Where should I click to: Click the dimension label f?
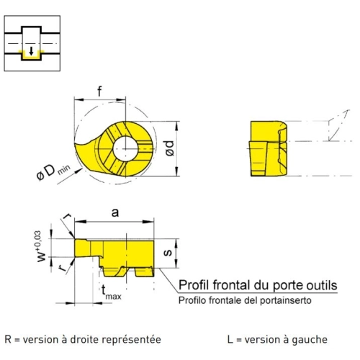pyautogui.click(x=99, y=91)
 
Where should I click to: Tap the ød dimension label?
pyautogui.click(x=169, y=148)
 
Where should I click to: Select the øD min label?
pyautogui.click(x=54, y=172)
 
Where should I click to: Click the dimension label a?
pyautogui.click(x=115, y=212)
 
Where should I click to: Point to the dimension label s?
pyautogui.click(x=168, y=252)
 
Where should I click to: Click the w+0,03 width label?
pyautogui.click(x=41, y=246)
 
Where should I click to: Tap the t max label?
pyautogui.click(x=111, y=292)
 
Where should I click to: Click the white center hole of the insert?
pyautogui.click(x=125, y=149)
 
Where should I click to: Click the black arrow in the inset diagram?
pyautogui.click(x=31, y=51)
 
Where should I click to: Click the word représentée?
pyautogui.click(x=131, y=340)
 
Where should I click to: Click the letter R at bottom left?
pyautogui.click(x=8, y=340)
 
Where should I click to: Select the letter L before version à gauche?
pyautogui.click(x=230, y=340)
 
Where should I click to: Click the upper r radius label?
pyautogui.click(x=67, y=216)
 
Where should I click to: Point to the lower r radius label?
pyautogui.click(x=63, y=268)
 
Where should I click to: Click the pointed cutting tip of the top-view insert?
pyautogui.click(x=75, y=144)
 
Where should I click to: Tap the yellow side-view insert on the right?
pyautogui.click(x=268, y=148)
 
